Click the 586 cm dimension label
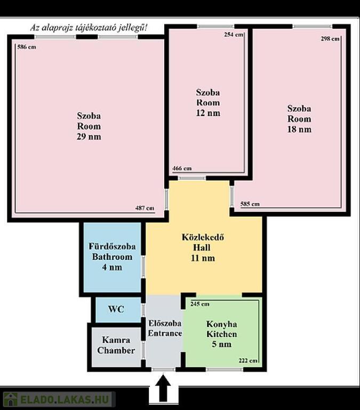(x=27, y=47)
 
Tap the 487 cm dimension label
(x=145, y=208)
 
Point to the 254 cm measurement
(x=234, y=35)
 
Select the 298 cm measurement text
(x=330, y=38)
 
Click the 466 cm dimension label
(x=182, y=168)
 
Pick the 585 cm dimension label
(x=250, y=204)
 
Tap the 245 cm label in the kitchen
(x=200, y=304)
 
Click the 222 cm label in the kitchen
(x=248, y=360)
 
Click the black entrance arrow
(x=163, y=388)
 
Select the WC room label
(x=116, y=309)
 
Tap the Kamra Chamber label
(x=116, y=345)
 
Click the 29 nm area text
(x=89, y=137)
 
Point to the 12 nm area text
(x=208, y=113)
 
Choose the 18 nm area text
(x=299, y=129)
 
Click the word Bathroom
(x=112, y=257)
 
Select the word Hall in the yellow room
(x=202, y=247)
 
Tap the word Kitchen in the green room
(x=222, y=334)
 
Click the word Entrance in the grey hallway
(x=165, y=333)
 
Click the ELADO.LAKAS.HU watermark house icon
(x=11, y=399)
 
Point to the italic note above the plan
(x=89, y=28)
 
